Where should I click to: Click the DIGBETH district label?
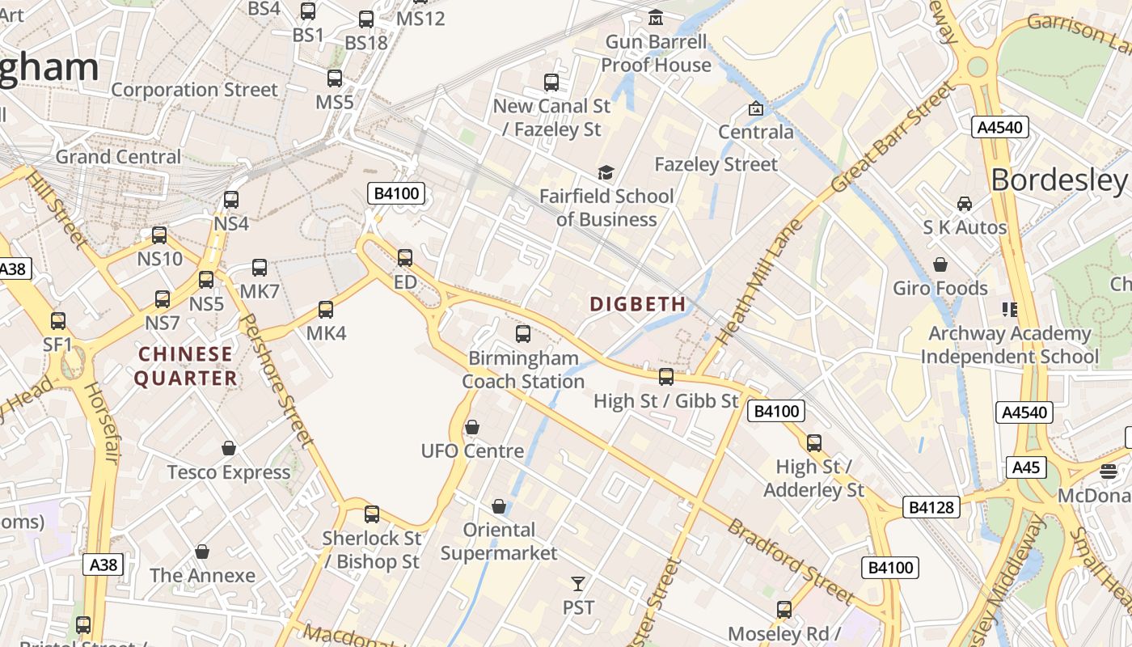click(637, 304)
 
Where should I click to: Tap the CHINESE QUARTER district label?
click(185, 366)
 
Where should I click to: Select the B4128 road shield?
click(931, 507)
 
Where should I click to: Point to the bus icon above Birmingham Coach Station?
click(523, 333)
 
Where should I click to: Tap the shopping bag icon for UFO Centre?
click(472, 426)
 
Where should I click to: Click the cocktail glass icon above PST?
click(577, 583)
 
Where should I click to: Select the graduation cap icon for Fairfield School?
click(606, 171)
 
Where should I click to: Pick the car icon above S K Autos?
click(964, 203)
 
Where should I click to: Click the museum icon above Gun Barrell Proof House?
click(656, 17)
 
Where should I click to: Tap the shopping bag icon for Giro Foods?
click(940, 264)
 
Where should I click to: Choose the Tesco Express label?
click(229, 472)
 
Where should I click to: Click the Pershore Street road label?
click(277, 380)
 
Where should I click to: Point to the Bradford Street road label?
click(791, 562)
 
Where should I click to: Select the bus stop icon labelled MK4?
click(326, 309)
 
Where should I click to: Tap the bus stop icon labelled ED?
click(405, 258)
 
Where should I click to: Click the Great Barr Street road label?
click(893, 137)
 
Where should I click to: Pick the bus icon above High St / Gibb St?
click(665, 376)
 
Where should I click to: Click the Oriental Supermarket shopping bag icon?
click(499, 506)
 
